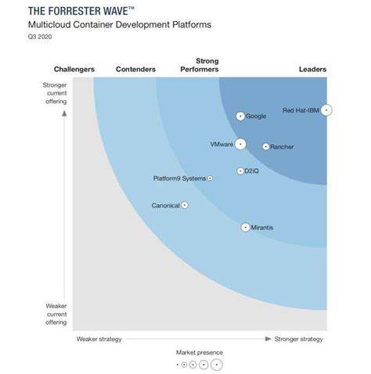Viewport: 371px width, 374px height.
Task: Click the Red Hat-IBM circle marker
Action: [326, 110]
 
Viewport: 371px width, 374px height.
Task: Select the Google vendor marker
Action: [240, 117]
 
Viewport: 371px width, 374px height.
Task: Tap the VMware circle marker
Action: [240, 144]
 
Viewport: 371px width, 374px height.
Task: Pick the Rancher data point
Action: [266, 146]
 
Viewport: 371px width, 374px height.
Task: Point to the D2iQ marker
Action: [240, 171]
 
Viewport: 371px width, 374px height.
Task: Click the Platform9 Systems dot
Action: [210, 178]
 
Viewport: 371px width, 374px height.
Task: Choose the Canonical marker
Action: [185, 205]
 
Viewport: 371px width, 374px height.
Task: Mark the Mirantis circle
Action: [245, 228]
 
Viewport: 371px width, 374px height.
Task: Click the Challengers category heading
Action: [74, 70]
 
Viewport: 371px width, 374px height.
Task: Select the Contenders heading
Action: [135, 70]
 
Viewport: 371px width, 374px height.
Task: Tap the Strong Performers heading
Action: [206, 65]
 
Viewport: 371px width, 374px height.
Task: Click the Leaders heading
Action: [313, 70]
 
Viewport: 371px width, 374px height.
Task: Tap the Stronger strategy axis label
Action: [298, 339]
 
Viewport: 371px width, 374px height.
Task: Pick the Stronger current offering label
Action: [57, 92]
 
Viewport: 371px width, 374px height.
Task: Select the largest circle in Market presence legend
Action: [217, 365]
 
